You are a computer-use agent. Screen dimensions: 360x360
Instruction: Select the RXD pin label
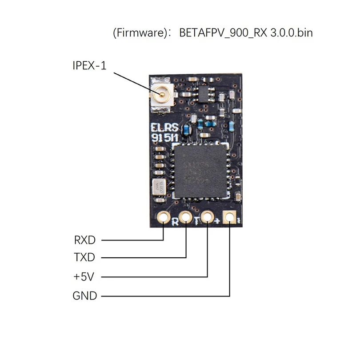[x=84, y=240]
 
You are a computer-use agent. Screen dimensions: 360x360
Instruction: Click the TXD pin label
[x=84, y=258]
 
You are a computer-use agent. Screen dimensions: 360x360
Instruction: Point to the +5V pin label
[x=84, y=277]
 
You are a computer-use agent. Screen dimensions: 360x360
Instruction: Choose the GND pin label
[x=84, y=296]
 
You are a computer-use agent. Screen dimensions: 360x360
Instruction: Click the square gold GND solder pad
[x=230, y=217]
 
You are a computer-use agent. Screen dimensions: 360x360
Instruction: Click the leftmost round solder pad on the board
[x=164, y=217]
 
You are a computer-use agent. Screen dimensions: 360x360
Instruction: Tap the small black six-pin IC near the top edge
[x=204, y=94]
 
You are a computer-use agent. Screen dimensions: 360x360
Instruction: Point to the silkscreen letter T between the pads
[x=196, y=221]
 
